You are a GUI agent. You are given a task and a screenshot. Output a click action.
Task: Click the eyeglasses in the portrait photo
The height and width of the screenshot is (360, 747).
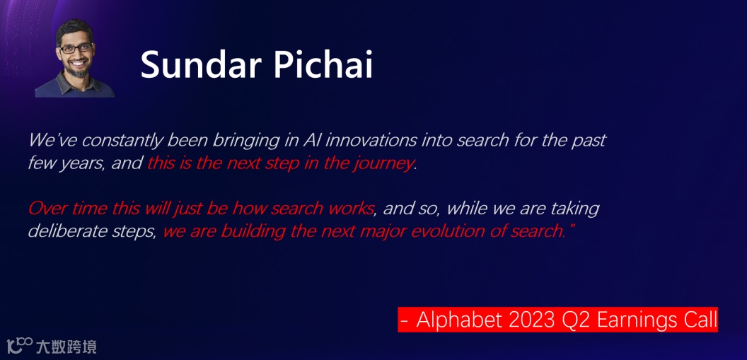(76, 49)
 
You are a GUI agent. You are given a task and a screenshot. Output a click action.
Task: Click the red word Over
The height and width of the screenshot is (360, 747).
(45, 209)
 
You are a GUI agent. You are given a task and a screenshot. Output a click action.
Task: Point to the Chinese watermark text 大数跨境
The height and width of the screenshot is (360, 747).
(66, 346)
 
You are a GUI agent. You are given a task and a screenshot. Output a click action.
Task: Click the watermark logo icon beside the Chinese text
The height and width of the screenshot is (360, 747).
(20, 345)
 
